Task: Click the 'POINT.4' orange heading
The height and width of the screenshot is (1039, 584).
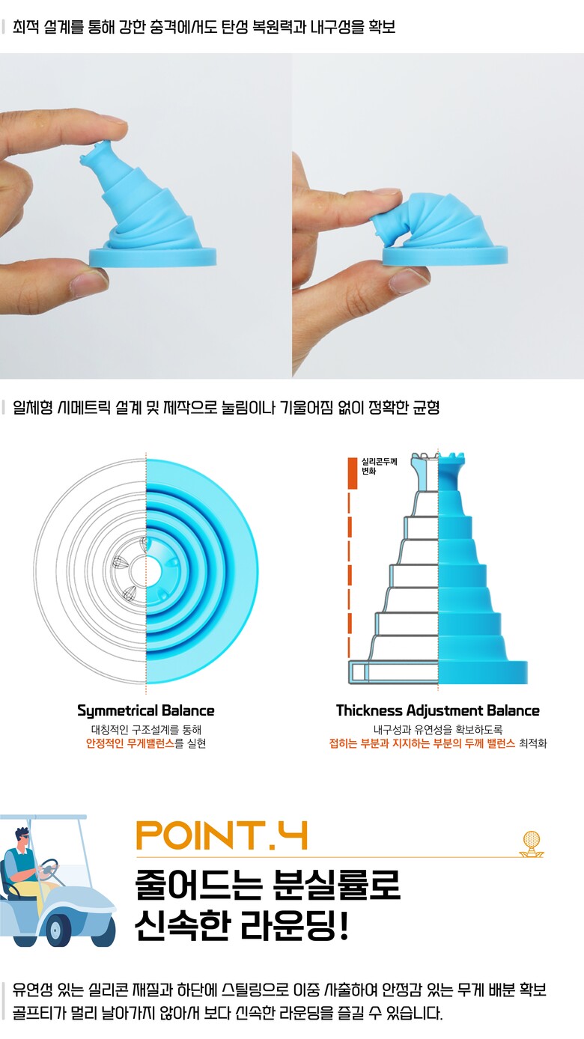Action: tap(222, 835)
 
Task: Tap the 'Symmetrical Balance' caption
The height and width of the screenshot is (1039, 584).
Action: tap(146, 710)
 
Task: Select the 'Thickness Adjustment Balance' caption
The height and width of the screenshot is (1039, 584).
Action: tap(438, 710)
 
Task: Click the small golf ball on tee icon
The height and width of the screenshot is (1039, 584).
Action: tap(531, 844)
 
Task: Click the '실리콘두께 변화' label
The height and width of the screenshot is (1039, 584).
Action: tap(380, 466)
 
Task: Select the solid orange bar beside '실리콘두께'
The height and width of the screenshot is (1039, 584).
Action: tap(353, 473)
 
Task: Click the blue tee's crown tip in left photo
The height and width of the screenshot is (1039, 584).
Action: tap(95, 152)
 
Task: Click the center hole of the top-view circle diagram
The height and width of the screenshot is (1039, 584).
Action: tap(146, 571)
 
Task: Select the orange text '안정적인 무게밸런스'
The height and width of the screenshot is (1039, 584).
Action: tap(130, 743)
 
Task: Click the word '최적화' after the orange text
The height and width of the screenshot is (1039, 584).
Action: tap(533, 743)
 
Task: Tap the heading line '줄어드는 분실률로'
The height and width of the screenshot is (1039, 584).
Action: tap(267, 885)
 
